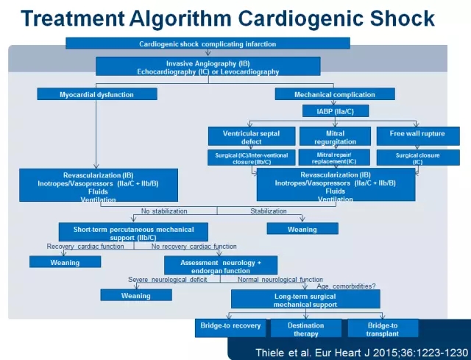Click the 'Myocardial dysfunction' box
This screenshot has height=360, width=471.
click(x=97, y=94)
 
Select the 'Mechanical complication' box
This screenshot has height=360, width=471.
click(x=335, y=94)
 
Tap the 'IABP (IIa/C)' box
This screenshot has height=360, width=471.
click(x=336, y=111)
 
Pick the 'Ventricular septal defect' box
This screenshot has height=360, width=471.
click(x=252, y=136)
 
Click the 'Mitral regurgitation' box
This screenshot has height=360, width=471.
click(x=336, y=136)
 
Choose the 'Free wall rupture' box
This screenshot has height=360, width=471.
click(x=418, y=136)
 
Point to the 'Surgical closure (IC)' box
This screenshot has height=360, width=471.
click(x=418, y=158)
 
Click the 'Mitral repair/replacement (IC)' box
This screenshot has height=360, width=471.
click(x=334, y=158)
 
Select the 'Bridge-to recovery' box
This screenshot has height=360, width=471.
click(x=230, y=328)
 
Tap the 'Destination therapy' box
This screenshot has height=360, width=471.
click(x=306, y=328)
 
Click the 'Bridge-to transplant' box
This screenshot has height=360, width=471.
click(x=383, y=328)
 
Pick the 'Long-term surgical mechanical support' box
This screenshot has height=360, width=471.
click(x=305, y=299)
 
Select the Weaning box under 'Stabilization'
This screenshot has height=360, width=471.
click(x=302, y=228)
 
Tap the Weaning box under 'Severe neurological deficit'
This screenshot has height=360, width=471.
click(x=136, y=295)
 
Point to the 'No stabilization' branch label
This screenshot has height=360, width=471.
click(x=164, y=211)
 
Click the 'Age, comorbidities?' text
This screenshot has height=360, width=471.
click(x=346, y=286)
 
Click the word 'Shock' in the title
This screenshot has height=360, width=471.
click(x=403, y=18)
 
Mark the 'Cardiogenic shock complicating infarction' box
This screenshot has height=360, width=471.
click(x=208, y=43)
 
